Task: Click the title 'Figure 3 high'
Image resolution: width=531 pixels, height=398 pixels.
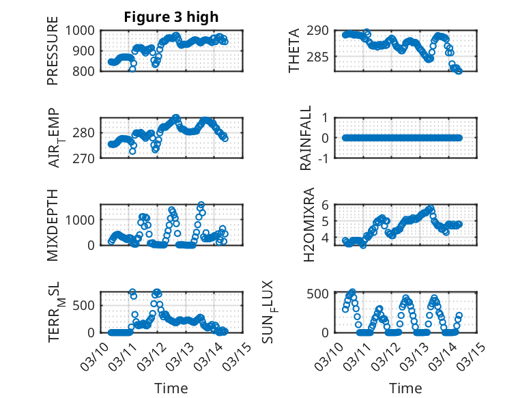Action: pos(171,16)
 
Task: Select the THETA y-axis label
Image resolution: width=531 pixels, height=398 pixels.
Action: pos(294,50)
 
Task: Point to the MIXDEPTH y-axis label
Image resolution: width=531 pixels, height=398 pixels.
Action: pos(53,224)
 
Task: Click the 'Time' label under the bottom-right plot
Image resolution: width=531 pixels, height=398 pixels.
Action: pos(405,388)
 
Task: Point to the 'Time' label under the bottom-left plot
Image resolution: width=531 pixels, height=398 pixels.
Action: pos(171,388)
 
